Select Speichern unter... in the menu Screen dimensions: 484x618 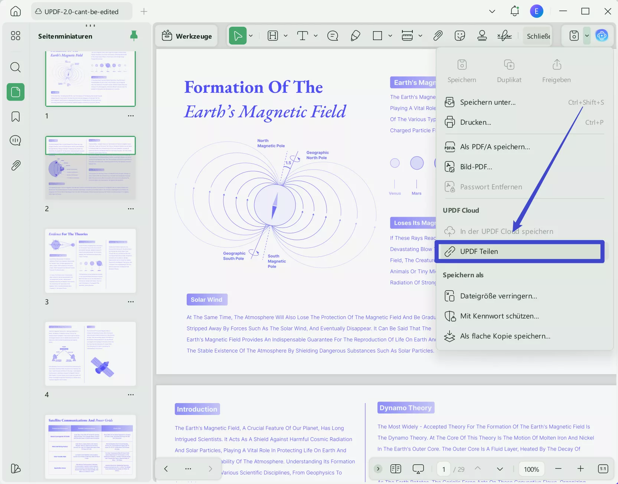point(488,102)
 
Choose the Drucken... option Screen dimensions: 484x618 point(475,122)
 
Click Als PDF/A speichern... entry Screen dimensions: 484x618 point(495,147)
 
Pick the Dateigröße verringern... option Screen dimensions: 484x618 point(498,296)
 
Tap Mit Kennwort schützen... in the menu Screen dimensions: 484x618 point(499,316)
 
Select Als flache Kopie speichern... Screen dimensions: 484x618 point(505,336)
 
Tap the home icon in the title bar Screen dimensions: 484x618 point(16,12)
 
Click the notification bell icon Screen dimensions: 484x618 point(514,12)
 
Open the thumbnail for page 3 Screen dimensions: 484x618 point(91,261)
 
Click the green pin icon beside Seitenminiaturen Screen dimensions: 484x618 point(134,36)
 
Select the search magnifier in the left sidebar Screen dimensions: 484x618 point(16,68)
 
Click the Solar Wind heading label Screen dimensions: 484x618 point(207,300)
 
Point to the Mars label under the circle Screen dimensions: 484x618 point(416,193)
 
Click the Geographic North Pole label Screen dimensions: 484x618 point(317,155)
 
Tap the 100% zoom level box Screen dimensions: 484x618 point(531,469)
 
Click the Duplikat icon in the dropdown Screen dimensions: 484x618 point(509,65)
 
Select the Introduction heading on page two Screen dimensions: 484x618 point(197,409)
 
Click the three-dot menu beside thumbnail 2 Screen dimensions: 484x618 point(131,209)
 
